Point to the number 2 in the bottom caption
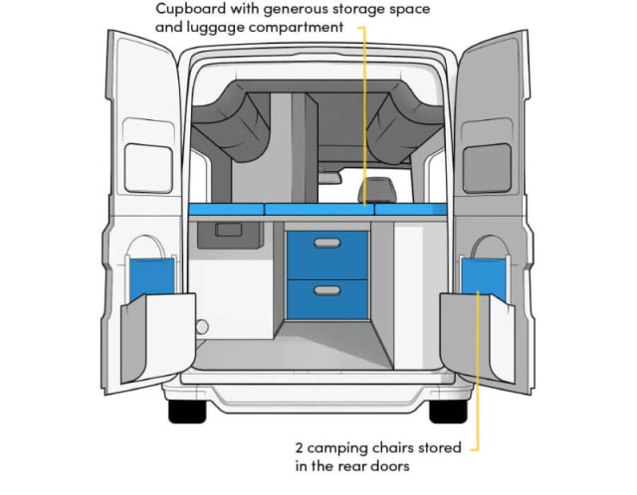[x=300, y=448]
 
